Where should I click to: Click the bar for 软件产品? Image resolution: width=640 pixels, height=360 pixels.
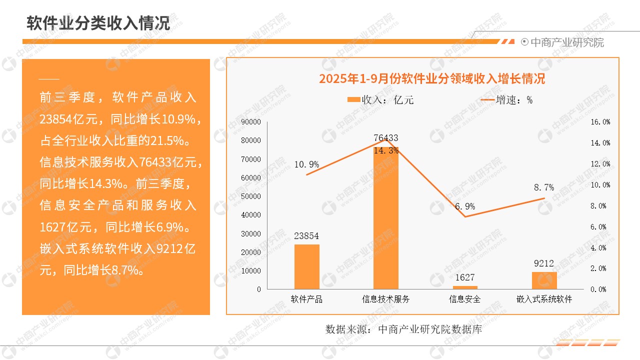[306, 266]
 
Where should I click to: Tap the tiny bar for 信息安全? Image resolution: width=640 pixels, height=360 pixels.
[465, 287]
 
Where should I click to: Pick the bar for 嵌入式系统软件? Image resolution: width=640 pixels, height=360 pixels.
[544, 280]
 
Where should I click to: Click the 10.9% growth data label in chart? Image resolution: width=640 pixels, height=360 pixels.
[306, 164]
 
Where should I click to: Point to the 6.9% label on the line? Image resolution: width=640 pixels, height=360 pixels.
[465, 206]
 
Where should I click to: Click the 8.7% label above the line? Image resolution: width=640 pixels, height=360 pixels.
[544, 187]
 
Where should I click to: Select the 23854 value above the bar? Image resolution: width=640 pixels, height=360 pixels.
[306, 236]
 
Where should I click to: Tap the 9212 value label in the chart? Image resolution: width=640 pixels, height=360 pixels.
[544, 263]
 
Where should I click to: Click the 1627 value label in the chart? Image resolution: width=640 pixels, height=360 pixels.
[465, 277]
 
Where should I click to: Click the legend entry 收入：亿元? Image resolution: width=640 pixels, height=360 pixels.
[380, 100]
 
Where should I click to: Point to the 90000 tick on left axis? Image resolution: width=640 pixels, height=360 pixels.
[251, 122]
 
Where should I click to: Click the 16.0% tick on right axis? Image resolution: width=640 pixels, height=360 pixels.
[600, 122]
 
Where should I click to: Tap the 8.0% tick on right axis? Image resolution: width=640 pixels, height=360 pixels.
[600, 205]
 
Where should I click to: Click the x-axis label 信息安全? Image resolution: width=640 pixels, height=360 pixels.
[465, 299]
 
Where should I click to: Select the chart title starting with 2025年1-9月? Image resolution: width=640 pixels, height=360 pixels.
[432, 79]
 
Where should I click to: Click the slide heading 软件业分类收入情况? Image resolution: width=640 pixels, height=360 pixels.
[98, 23]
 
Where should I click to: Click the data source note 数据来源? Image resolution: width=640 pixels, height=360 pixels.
[403, 329]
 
